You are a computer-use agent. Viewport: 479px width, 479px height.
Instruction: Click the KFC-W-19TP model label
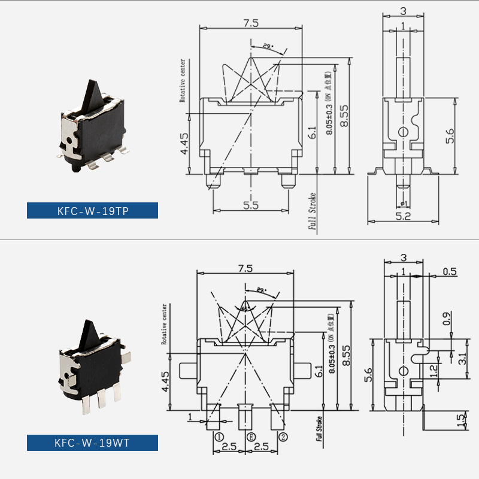click(x=92, y=211)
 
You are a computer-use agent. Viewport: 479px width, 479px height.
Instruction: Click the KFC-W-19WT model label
click(x=92, y=443)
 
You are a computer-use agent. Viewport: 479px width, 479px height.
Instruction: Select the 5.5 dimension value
click(x=250, y=205)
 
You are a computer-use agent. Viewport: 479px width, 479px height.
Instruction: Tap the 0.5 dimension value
click(x=450, y=272)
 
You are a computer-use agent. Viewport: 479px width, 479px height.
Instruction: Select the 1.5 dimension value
click(x=460, y=421)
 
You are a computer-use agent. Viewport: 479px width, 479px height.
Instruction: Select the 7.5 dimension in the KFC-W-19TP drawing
click(x=250, y=23)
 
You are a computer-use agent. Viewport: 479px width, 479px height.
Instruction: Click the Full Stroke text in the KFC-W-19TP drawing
click(x=312, y=212)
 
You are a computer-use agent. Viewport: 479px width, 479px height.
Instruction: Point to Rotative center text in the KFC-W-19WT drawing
click(x=165, y=324)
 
